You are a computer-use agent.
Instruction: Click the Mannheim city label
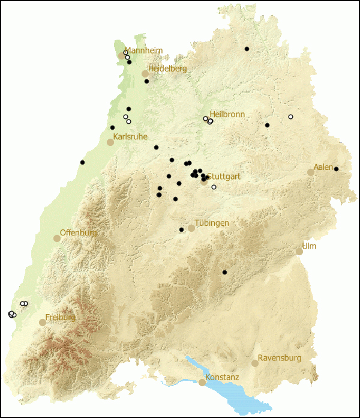(x=143, y=50)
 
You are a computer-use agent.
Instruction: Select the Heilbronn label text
(x=227, y=114)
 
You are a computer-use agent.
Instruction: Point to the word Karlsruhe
(x=130, y=137)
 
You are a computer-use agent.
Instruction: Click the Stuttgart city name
(x=224, y=176)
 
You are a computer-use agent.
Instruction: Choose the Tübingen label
(x=212, y=223)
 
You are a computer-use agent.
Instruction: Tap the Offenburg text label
(x=78, y=232)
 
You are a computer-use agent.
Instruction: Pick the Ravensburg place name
(x=280, y=358)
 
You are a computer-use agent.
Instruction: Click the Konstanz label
(x=222, y=377)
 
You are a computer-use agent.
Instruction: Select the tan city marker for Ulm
(x=299, y=252)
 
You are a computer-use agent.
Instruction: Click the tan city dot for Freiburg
(x=43, y=323)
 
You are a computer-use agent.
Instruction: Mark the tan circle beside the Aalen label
(x=311, y=172)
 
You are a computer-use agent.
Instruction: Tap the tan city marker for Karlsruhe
(x=110, y=142)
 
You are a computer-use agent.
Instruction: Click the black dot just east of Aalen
(x=336, y=169)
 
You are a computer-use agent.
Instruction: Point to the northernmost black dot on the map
(x=247, y=49)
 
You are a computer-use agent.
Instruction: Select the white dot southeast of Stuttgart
(x=214, y=187)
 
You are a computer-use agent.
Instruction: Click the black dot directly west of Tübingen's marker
(x=181, y=229)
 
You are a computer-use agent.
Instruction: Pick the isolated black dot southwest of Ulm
(x=224, y=273)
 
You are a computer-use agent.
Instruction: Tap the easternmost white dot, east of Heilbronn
(x=290, y=117)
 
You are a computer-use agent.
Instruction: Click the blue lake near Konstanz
(x=234, y=387)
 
